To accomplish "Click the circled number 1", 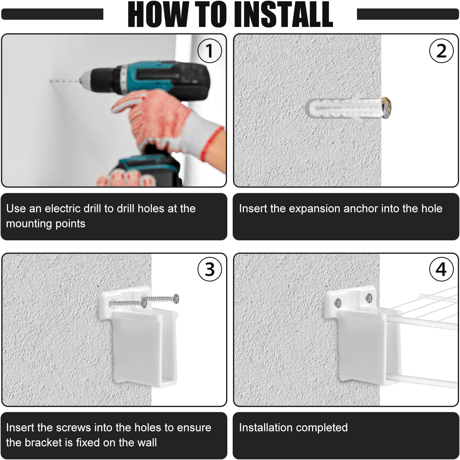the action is coord(209,51).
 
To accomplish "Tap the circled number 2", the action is coord(441,51).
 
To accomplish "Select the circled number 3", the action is coord(209,269).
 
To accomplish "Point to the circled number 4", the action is coord(441,269).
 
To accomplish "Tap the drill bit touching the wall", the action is coord(65,81).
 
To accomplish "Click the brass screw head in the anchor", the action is coord(386,107).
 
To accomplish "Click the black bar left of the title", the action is coord(52,14).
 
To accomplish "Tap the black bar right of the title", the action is coord(408,14).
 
